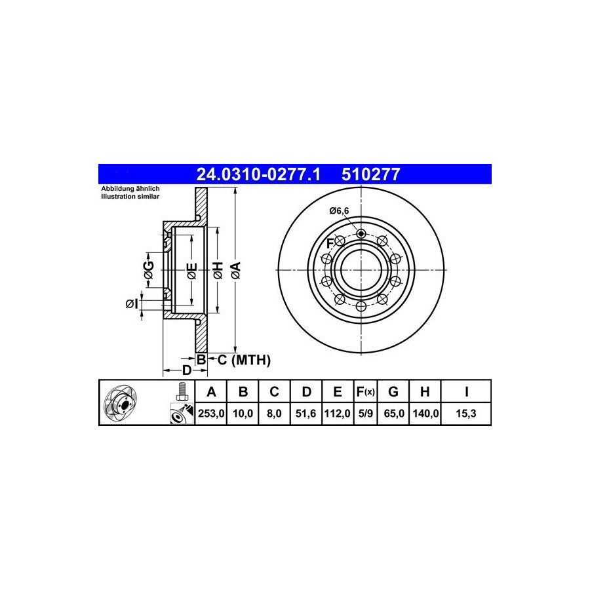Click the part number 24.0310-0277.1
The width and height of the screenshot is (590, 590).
[x=258, y=174]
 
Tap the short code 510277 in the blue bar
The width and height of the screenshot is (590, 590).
[x=370, y=174]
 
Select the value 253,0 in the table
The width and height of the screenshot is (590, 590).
[x=211, y=414]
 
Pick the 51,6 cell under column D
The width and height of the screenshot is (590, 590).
[x=305, y=414]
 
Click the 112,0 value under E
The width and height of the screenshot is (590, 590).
[x=337, y=414]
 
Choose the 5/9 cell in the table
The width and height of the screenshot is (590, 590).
[x=365, y=414]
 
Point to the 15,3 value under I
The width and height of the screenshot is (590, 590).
[x=466, y=414]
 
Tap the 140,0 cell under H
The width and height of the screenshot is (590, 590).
[x=425, y=414]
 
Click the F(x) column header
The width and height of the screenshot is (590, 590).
[x=365, y=392]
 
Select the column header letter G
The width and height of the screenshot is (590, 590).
[x=393, y=392]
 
